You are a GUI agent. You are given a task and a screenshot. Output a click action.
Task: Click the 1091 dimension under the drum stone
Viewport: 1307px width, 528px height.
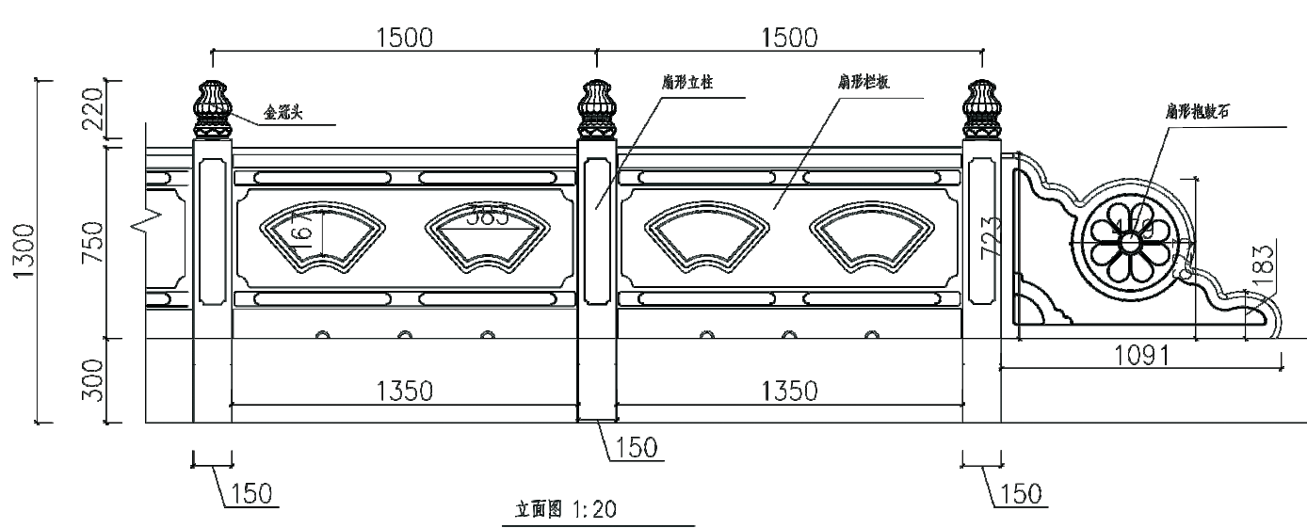(x=1140, y=355)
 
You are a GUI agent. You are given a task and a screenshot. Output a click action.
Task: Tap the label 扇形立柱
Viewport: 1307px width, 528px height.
(x=687, y=82)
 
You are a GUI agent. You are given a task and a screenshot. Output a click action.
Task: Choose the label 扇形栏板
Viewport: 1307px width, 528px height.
(x=863, y=82)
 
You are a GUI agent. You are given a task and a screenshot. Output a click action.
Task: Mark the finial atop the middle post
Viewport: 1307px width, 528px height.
(x=596, y=108)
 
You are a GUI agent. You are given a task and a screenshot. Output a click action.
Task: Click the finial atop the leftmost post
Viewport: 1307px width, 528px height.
(x=212, y=108)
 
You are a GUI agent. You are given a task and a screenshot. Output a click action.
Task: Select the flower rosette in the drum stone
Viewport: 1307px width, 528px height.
(x=1129, y=242)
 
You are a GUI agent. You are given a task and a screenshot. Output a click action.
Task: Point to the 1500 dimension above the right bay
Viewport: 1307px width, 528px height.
(x=788, y=38)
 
